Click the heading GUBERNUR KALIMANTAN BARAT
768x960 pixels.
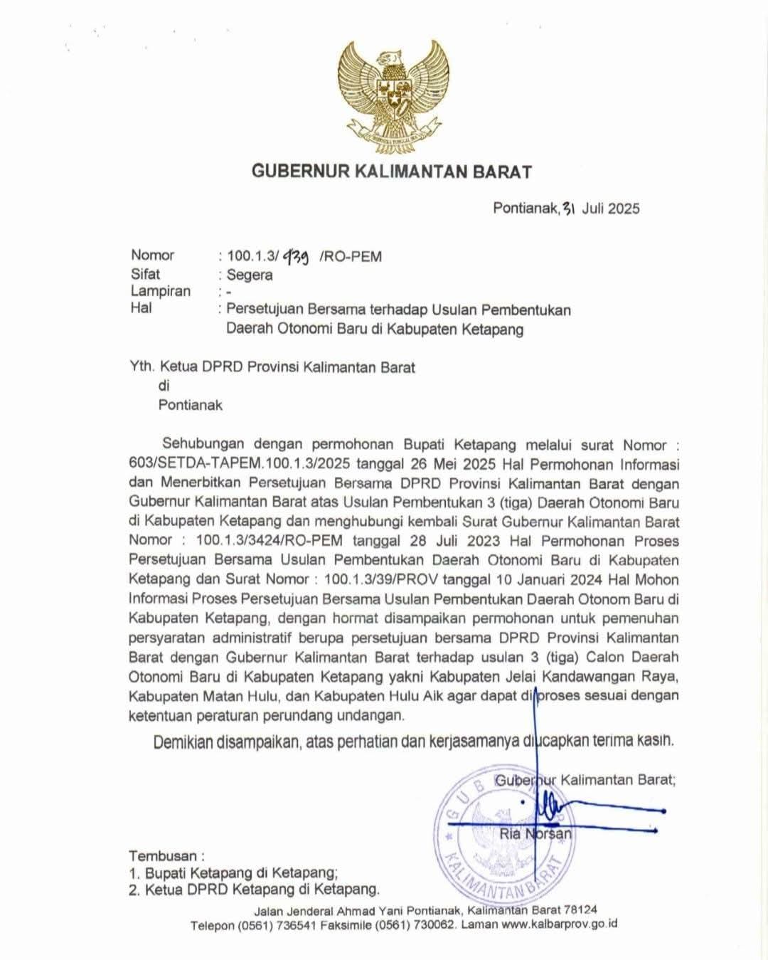[x=392, y=172]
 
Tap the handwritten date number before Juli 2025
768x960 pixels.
[x=568, y=208]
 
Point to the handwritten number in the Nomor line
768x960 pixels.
[x=295, y=256]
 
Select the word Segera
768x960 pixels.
[x=250, y=275]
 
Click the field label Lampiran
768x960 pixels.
[x=160, y=291]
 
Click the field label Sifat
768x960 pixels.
[x=145, y=274]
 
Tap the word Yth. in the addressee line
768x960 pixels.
[x=142, y=367]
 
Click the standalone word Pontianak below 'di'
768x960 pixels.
[x=190, y=405]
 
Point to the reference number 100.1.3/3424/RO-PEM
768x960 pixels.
[x=270, y=541]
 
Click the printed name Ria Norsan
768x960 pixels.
[x=535, y=833]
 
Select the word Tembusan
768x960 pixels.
[x=163, y=855]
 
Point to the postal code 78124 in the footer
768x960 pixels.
[x=580, y=909]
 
